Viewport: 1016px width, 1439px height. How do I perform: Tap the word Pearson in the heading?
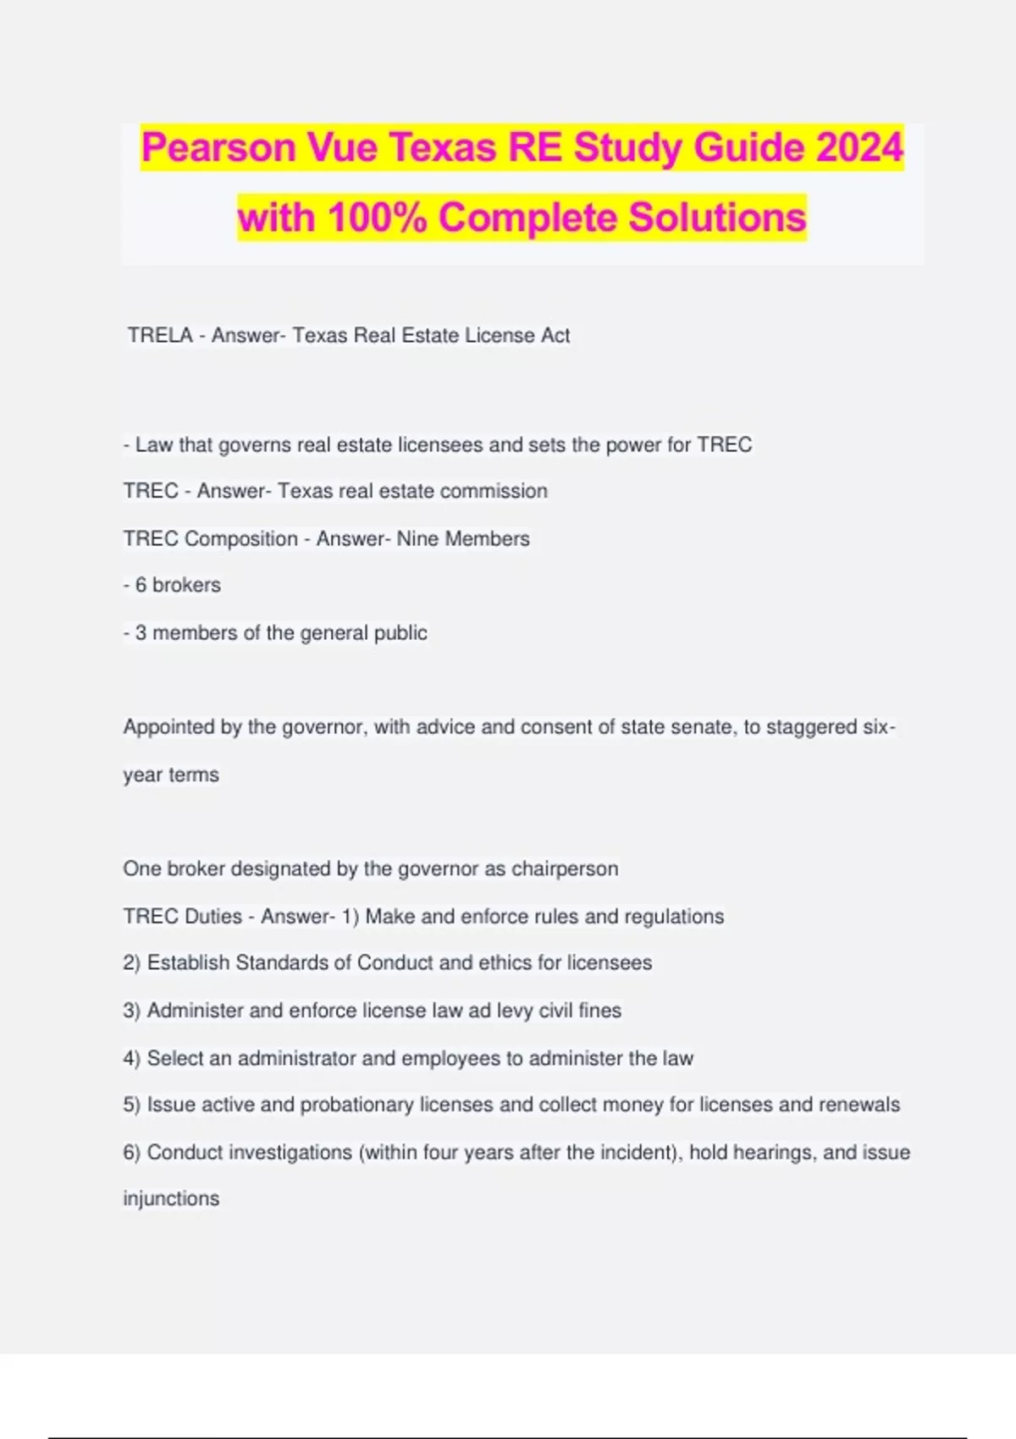tap(218, 148)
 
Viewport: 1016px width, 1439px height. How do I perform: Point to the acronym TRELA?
tap(160, 335)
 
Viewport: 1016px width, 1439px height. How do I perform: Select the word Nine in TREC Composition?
tap(417, 538)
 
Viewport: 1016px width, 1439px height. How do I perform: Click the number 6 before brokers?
tap(141, 585)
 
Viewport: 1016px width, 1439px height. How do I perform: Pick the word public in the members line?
tap(400, 633)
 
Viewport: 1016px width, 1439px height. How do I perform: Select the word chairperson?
tap(565, 868)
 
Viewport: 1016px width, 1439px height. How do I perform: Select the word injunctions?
tap(171, 1199)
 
